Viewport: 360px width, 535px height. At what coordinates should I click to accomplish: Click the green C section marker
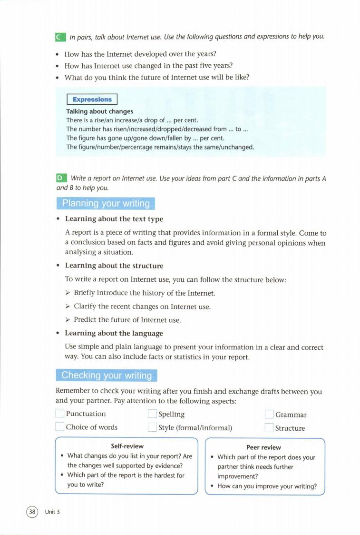(x=60, y=37)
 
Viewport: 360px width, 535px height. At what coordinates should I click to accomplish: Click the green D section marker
(x=60, y=178)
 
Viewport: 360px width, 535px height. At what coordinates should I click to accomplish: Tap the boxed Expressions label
(x=92, y=99)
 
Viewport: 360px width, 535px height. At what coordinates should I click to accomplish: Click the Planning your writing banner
(x=106, y=203)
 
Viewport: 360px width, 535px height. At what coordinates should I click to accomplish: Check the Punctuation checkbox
(x=60, y=414)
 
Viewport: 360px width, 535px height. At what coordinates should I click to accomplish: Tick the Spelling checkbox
(x=152, y=414)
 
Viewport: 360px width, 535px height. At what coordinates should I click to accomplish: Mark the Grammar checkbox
(x=269, y=415)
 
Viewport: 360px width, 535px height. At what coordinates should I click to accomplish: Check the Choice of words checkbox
(x=60, y=427)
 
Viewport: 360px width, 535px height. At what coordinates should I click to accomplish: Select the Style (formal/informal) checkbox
(x=152, y=427)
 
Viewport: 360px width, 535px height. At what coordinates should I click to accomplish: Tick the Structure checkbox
(x=269, y=427)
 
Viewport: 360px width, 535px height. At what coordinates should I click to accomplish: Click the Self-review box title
(x=127, y=446)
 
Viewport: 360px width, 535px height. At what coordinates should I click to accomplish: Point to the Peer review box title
(x=263, y=447)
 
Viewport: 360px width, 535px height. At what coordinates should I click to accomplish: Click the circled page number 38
(x=32, y=512)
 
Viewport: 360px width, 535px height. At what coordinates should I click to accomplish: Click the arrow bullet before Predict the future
(x=68, y=320)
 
